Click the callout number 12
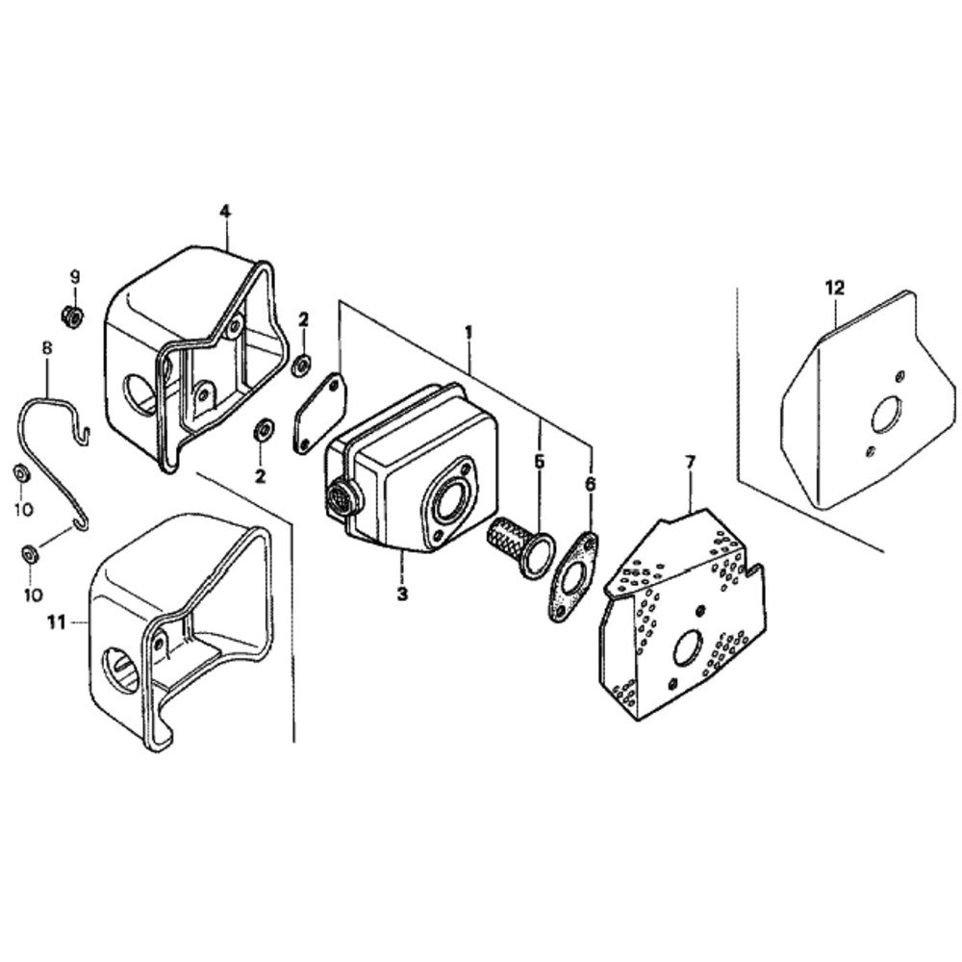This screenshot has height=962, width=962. (x=835, y=287)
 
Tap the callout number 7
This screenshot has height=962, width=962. (x=690, y=463)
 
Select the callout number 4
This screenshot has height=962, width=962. (x=225, y=212)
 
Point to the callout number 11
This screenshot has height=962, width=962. (x=57, y=622)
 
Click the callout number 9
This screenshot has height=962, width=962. (x=74, y=277)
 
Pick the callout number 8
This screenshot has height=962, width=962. (x=47, y=348)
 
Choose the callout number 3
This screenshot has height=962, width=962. (x=402, y=594)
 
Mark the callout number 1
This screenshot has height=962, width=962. (x=468, y=333)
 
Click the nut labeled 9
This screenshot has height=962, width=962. (x=73, y=316)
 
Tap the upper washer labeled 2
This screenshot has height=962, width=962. (x=302, y=365)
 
